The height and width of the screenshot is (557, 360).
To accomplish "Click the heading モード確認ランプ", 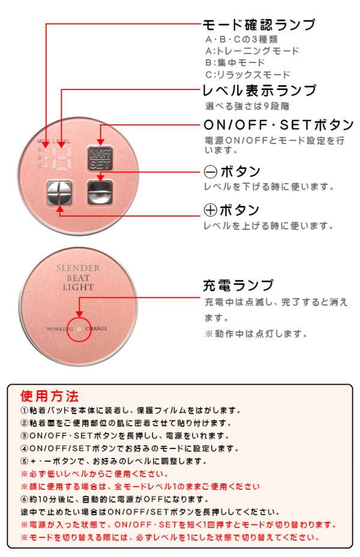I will pos(259,25).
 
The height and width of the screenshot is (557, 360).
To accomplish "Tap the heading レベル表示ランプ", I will pos(259,91).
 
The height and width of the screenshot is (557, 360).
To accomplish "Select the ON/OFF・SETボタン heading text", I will pos(279,126).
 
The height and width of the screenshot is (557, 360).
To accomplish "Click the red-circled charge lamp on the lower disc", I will pos(80,329).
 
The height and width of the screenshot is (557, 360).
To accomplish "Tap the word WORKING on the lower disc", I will pos(60,330).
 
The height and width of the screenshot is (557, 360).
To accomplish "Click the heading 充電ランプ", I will pos(238,285).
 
